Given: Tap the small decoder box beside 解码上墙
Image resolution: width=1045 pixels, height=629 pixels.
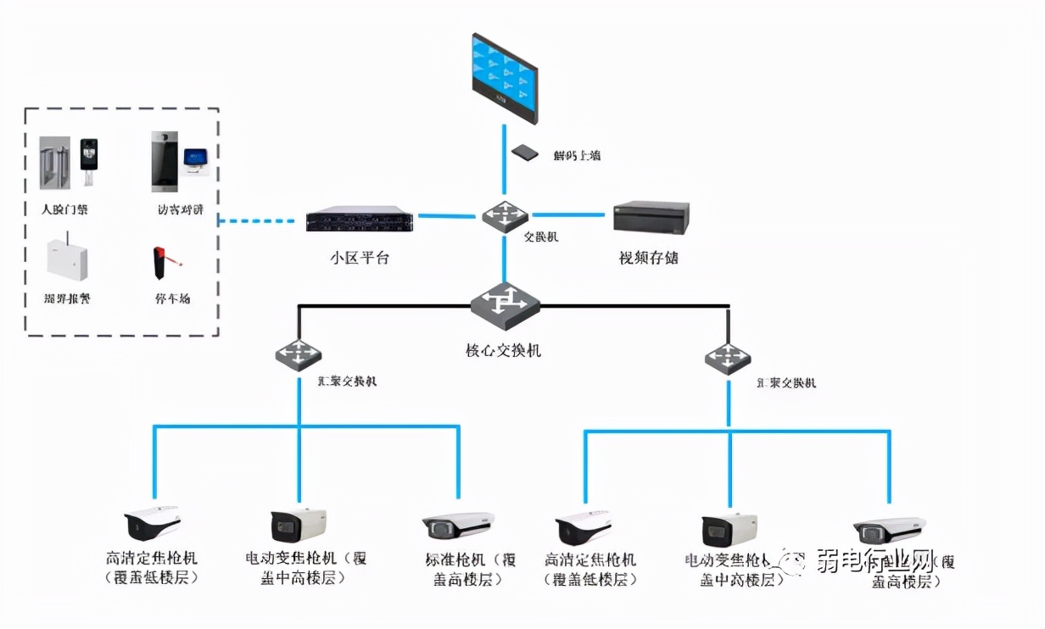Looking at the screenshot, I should click(x=526, y=153).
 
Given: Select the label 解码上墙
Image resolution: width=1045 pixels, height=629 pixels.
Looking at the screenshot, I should click(x=577, y=155).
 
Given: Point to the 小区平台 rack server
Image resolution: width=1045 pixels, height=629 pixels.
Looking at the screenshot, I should click(x=360, y=220).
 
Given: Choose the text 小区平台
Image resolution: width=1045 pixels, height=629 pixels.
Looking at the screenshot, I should click(x=360, y=258).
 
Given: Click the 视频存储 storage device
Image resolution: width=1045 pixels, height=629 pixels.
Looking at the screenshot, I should click(x=651, y=218).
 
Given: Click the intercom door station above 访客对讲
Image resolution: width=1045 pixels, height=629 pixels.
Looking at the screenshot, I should click(x=163, y=161).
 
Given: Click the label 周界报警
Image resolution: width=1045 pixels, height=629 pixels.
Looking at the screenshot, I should click(x=67, y=298).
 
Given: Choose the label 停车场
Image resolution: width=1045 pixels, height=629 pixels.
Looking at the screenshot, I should click(x=172, y=298).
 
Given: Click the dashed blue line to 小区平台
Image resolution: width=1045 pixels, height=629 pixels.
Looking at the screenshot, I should click(x=261, y=221).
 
